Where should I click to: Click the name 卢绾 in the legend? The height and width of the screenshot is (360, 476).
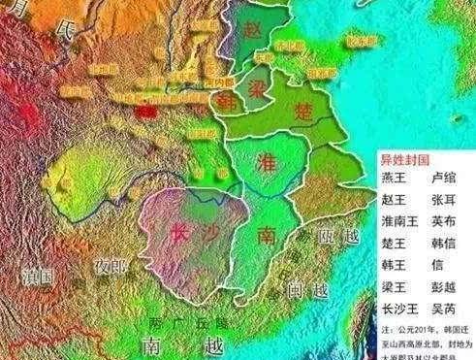tap(444, 180)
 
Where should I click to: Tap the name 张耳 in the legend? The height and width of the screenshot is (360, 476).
tap(444, 200)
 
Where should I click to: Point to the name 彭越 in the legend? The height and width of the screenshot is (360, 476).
tap(444, 281)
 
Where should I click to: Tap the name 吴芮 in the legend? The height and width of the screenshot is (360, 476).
tap(444, 302)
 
